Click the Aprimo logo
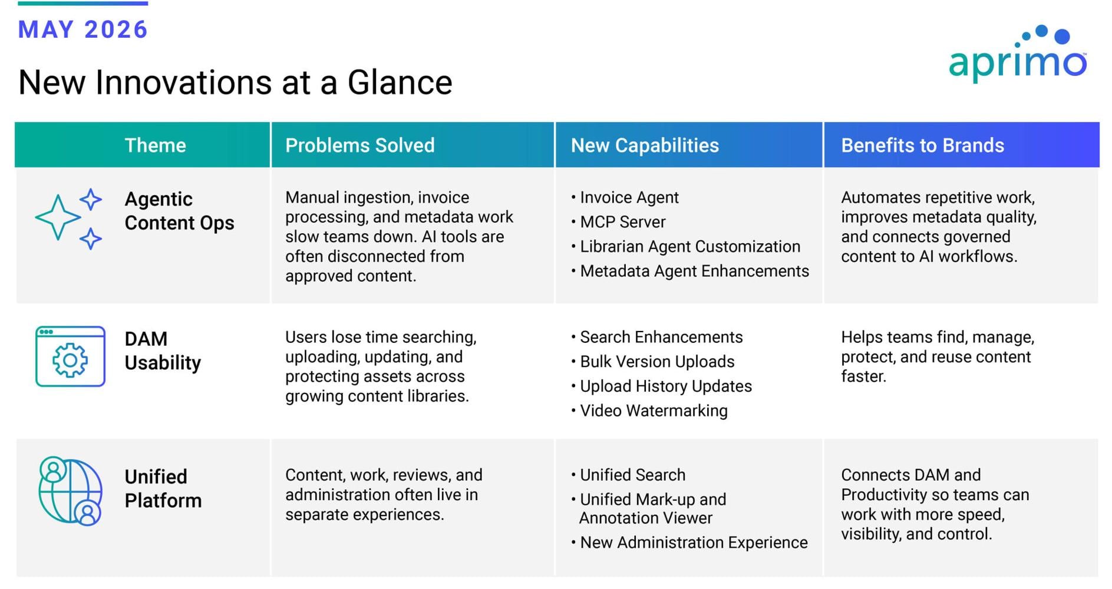[1018, 53]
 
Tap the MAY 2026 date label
[83, 29]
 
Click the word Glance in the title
[400, 82]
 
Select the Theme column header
[155, 145]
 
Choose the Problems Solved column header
[360, 145]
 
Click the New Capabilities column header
[645, 145]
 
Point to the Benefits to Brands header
[922, 145]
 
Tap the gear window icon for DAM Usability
[70, 356]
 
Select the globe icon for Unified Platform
[70, 491]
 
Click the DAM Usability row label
[163, 351]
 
